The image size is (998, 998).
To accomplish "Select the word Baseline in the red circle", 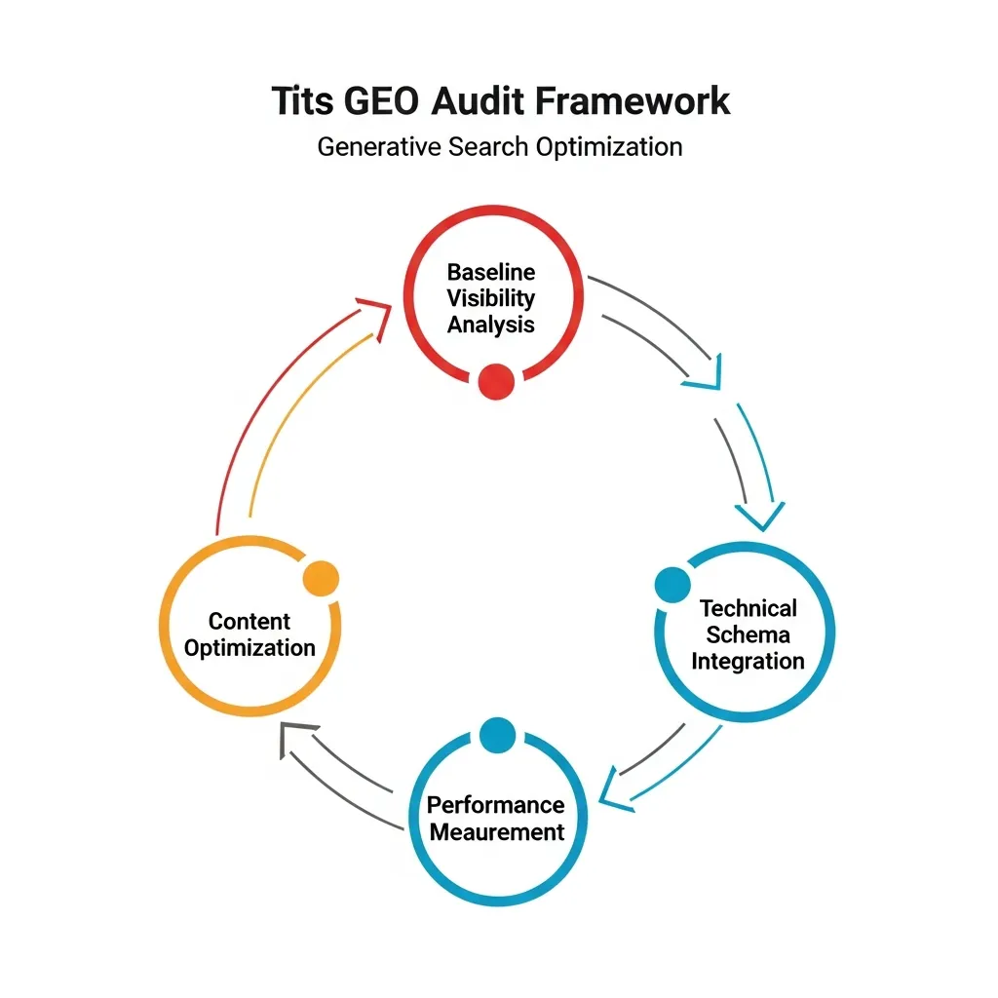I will pyautogui.click(x=491, y=272).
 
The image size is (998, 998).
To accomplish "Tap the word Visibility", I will pyautogui.click(x=491, y=298).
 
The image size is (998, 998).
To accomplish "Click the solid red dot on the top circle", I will pyautogui.click(x=496, y=381).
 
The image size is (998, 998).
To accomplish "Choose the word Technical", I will pyautogui.click(x=748, y=608).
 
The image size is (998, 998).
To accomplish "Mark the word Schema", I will pyautogui.click(x=748, y=634).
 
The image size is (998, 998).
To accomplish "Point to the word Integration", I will pyautogui.click(x=748, y=661).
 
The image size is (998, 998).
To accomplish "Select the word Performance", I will pyautogui.click(x=496, y=805).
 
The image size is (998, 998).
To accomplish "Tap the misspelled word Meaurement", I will pyautogui.click(x=497, y=831).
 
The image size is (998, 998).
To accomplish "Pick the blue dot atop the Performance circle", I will pyautogui.click(x=497, y=734).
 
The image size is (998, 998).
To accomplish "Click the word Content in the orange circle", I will pyautogui.click(x=249, y=621).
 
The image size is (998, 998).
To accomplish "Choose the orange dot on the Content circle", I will pyautogui.click(x=321, y=579).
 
